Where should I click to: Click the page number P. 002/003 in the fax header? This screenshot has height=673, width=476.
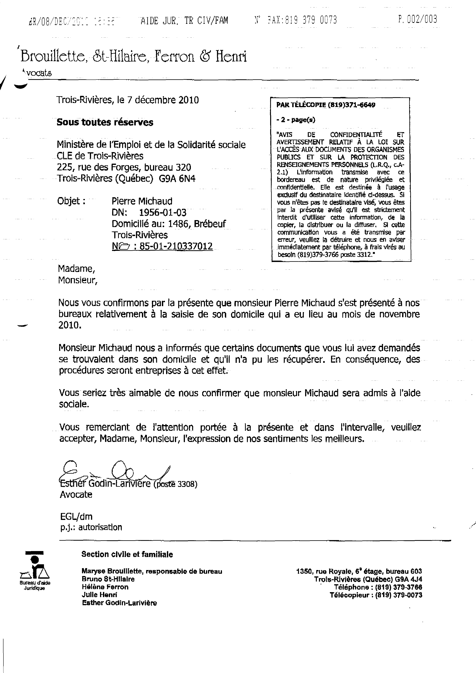[417, 19]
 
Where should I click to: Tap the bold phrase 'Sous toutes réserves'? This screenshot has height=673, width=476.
[105, 122]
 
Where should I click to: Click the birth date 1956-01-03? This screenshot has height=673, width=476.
[162, 212]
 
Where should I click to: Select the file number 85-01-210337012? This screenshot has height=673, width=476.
[176, 246]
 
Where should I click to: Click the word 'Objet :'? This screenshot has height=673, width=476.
[71, 201]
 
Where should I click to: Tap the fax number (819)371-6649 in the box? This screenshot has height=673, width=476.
[351, 105]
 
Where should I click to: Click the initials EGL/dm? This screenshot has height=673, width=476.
[76, 516]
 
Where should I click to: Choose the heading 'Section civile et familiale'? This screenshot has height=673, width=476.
[127, 554]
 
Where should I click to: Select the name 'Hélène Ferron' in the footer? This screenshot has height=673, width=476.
[105, 587]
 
